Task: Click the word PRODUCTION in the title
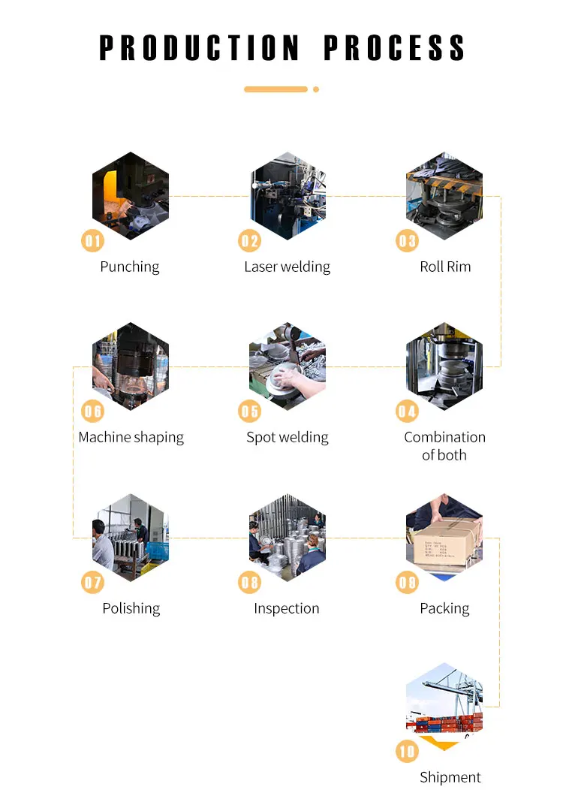(x=199, y=47)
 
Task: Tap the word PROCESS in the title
(x=394, y=47)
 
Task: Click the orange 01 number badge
(x=92, y=240)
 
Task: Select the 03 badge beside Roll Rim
(x=407, y=240)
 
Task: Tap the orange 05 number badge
(x=249, y=411)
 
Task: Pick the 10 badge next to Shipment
(x=407, y=751)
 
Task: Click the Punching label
(x=130, y=267)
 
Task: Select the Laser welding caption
(x=287, y=267)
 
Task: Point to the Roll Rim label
(x=445, y=267)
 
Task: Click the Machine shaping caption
(x=131, y=437)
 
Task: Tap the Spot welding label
(x=288, y=437)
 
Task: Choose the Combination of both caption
(x=444, y=446)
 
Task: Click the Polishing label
(x=131, y=608)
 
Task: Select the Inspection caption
(x=287, y=608)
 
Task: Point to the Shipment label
(x=450, y=777)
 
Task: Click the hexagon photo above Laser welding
(x=288, y=197)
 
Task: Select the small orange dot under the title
(x=316, y=89)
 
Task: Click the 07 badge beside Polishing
(x=92, y=582)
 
